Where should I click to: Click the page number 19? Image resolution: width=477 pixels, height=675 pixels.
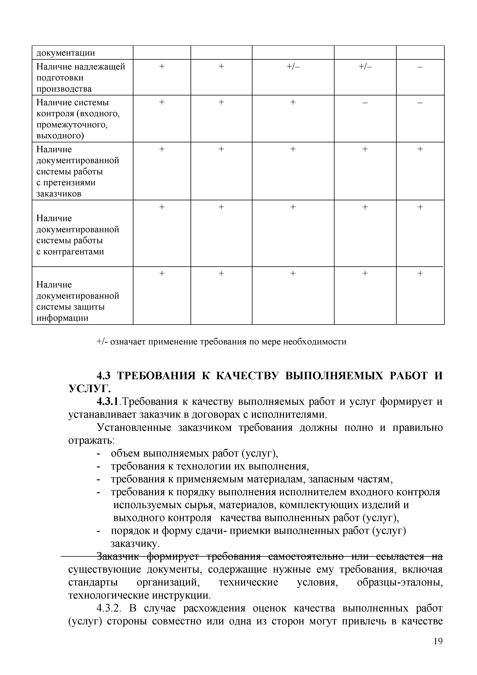coord(438,649)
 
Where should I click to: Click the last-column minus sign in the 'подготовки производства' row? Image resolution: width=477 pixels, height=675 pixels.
coord(420,67)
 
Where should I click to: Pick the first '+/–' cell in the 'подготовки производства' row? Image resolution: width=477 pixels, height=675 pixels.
coord(293,67)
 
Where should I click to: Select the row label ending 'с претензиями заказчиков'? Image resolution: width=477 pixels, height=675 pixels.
coord(77,171)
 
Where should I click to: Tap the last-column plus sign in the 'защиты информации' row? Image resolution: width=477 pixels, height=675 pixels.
coord(420,273)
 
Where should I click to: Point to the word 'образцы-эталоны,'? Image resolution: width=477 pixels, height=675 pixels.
coord(400,582)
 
